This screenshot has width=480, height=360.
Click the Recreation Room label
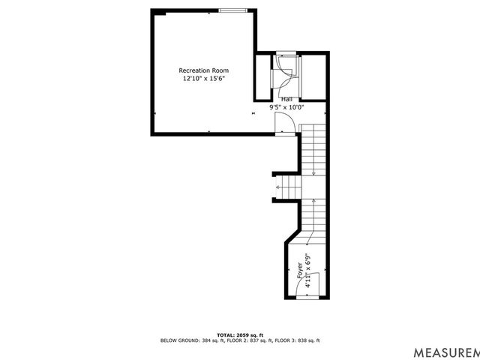pos(203,70)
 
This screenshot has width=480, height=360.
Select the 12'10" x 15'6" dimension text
pos(203,78)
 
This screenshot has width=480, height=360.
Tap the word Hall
pos(286,99)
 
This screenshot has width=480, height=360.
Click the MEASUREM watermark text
pos(446,351)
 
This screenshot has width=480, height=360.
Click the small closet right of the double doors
pos(313,75)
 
